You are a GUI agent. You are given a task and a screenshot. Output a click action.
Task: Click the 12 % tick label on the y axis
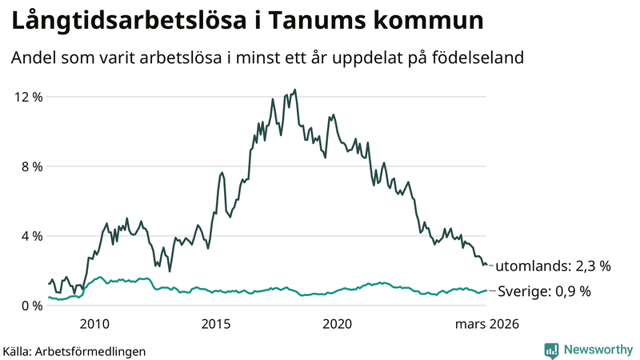pyautogui.click(x=28, y=97)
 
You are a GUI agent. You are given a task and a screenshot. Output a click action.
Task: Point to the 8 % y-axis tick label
pyautogui.click(x=31, y=166)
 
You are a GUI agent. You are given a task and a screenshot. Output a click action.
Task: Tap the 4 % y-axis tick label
pyautogui.click(x=31, y=236)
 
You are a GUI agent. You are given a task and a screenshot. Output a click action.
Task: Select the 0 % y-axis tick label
pyautogui.click(x=31, y=306)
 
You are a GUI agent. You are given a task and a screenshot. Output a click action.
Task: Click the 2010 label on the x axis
pyautogui.click(x=94, y=324)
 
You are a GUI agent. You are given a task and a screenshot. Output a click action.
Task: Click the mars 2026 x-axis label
pyautogui.click(x=487, y=324)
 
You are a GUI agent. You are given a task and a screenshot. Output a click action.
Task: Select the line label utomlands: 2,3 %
pyautogui.click(x=554, y=266)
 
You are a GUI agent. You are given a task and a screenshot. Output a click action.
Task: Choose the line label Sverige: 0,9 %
pyautogui.click(x=545, y=292)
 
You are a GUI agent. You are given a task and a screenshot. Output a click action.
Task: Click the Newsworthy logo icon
pyautogui.click(x=552, y=350)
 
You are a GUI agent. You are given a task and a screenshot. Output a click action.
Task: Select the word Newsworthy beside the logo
pyautogui.click(x=597, y=350)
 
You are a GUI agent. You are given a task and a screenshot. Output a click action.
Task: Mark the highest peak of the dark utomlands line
pyautogui.click(x=295, y=90)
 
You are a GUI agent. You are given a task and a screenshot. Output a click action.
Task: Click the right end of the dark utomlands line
pyautogui.click(x=487, y=265)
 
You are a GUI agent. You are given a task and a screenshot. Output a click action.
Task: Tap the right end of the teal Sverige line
pyautogui.click(x=487, y=291)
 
